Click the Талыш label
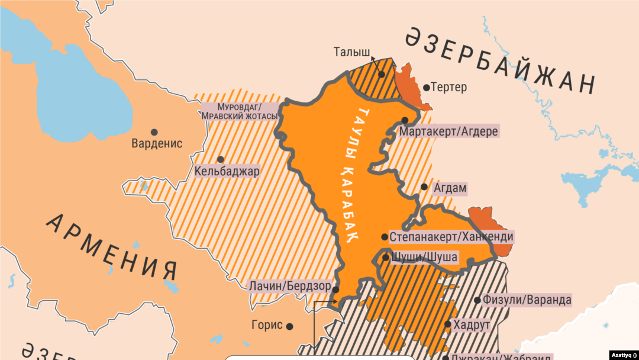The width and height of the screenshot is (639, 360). coord(352,52)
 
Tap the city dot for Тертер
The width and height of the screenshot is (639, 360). coord(426,88)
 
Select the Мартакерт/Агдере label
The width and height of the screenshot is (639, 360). coord(449,131)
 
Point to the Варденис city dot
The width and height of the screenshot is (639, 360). coord(154,132)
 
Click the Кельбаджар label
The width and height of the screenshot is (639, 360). coord(227,172)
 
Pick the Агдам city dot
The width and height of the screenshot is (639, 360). coord(424,187)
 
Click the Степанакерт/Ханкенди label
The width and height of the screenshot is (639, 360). coord(451,237)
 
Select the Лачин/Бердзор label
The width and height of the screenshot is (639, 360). coord(289,286)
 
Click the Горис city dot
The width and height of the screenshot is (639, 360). coord(290,326)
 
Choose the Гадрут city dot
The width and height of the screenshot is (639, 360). coord(448,324)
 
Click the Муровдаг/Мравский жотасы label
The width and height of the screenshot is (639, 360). coord(239,111)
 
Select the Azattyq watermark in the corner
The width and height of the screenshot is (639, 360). coord(621,354)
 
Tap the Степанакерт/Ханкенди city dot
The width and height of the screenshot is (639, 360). coord(385,237)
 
